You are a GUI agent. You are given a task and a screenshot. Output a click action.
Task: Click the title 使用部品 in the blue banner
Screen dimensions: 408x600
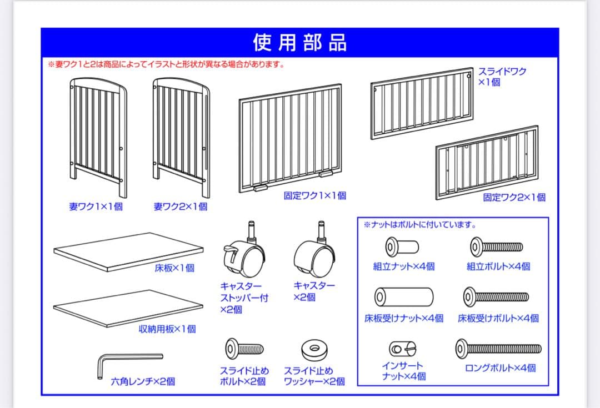[x=299, y=42]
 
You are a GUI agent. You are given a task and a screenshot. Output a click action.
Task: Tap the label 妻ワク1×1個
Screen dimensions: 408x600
[x=96, y=207]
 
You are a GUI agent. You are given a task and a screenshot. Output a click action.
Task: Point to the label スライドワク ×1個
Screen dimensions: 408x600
[x=502, y=77]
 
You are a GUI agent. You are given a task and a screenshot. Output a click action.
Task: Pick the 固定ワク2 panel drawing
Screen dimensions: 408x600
[x=487, y=162]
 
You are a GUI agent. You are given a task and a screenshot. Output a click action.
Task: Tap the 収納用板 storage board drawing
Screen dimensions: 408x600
[x=128, y=309]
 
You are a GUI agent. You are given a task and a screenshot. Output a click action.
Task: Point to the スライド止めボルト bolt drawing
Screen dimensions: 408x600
[x=244, y=349]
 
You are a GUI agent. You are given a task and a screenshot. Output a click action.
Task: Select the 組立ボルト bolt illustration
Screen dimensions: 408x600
[x=497, y=245]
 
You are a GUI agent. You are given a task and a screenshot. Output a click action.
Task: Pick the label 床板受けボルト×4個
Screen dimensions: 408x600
[x=498, y=318]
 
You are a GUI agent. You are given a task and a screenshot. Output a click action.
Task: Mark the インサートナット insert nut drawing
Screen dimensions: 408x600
[x=403, y=349]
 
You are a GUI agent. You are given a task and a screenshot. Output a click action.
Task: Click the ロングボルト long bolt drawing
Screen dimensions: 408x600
[x=498, y=349]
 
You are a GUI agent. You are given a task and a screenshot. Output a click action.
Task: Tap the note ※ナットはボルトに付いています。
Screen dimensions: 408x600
[x=420, y=225]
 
